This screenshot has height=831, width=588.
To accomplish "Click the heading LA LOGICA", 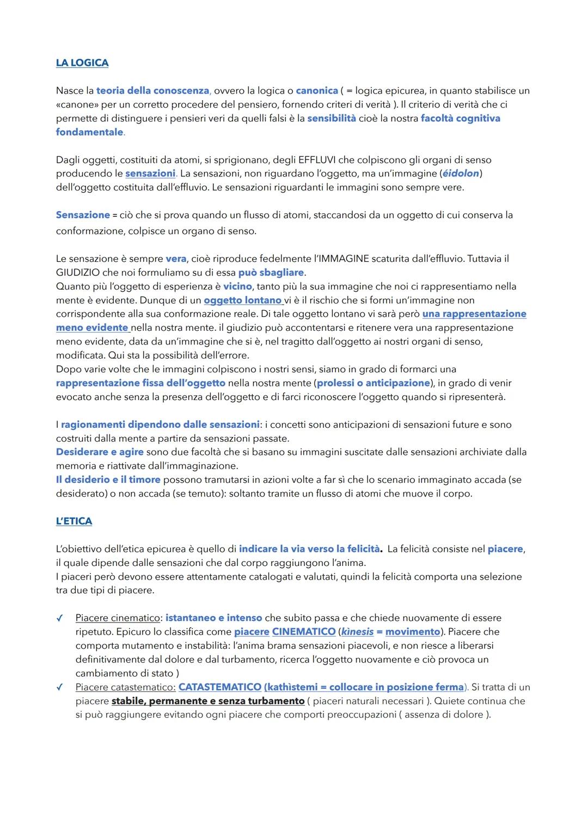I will click(82, 63).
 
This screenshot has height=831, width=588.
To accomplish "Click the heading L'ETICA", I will click(74, 521).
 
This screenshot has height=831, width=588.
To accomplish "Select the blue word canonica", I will click(317, 90).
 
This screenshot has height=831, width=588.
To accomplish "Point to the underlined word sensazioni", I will click(150, 173).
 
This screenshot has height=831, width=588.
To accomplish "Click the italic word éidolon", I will click(461, 173).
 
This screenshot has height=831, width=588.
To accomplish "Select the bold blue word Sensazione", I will click(83, 215).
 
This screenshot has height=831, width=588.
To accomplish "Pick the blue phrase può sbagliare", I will click(271, 272).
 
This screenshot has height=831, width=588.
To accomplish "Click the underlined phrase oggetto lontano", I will click(242, 300).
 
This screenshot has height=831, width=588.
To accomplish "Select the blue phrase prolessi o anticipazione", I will click(373, 383).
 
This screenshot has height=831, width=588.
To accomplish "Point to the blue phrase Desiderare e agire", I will click(100, 452).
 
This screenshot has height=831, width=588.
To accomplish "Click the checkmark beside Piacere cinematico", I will click(59, 618).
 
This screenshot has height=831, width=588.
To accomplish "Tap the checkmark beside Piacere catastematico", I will click(59, 687).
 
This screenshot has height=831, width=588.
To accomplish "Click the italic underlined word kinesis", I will click(357, 631).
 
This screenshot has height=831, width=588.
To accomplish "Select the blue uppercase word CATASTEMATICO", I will click(220, 687).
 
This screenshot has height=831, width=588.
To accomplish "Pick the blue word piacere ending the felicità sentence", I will click(505, 549).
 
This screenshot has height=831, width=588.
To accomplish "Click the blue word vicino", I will click(237, 286).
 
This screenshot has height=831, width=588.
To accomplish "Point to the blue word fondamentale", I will click(89, 132).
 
